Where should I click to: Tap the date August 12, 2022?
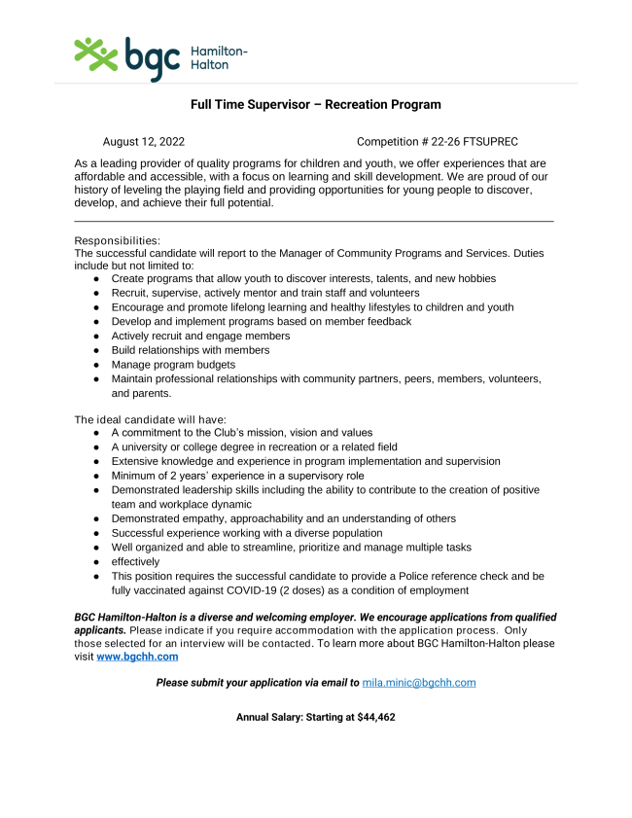pyautogui.click(x=144, y=142)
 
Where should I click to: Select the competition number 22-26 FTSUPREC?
pyautogui.click(x=478, y=142)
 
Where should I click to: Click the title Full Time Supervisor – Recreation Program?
pyautogui.click(x=316, y=104)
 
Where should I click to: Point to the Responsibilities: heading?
pyautogui.click(x=118, y=240)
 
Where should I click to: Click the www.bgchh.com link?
pyautogui.click(x=137, y=657)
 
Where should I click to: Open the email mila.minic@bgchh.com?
pyautogui.click(x=418, y=683)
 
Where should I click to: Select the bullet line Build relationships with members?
pyautogui.click(x=191, y=350)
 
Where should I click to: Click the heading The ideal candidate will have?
pyautogui.click(x=151, y=419)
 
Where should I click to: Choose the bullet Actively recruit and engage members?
pyautogui.click(x=200, y=336)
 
